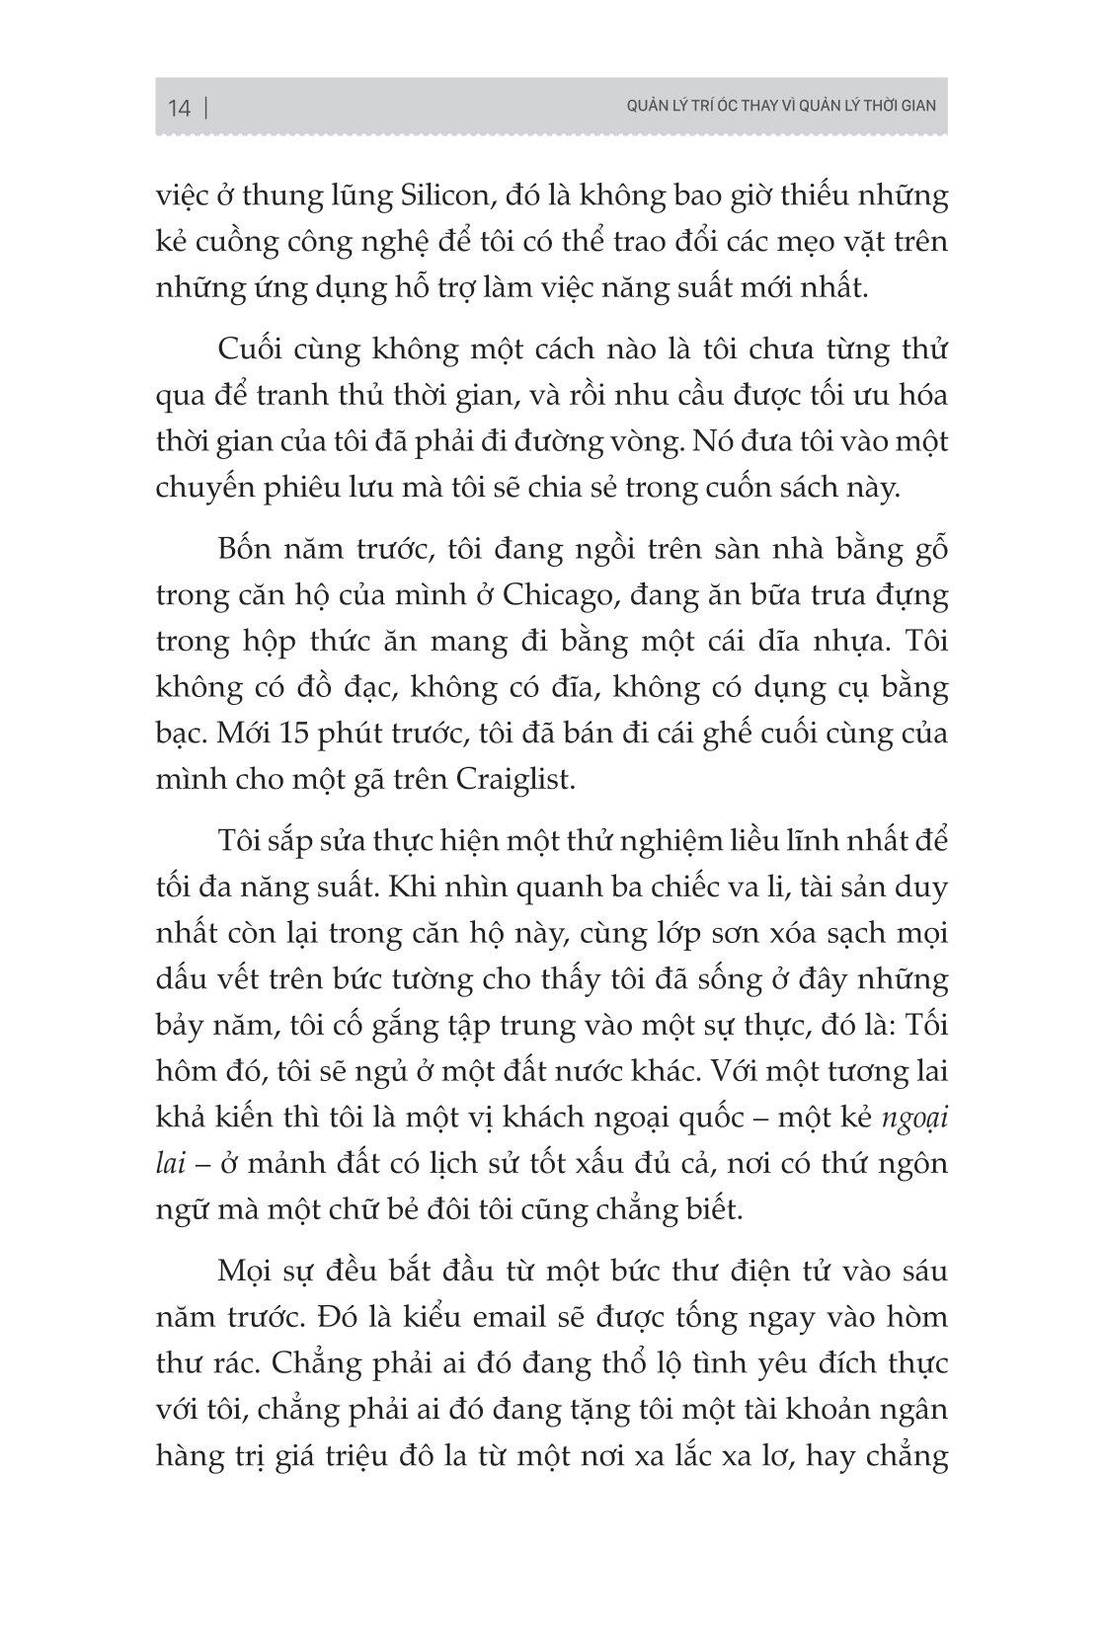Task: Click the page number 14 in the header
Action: pyautogui.click(x=179, y=109)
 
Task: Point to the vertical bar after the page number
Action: pyautogui.click(x=205, y=108)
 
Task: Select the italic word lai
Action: pyautogui.click(x=171, y=1163)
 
